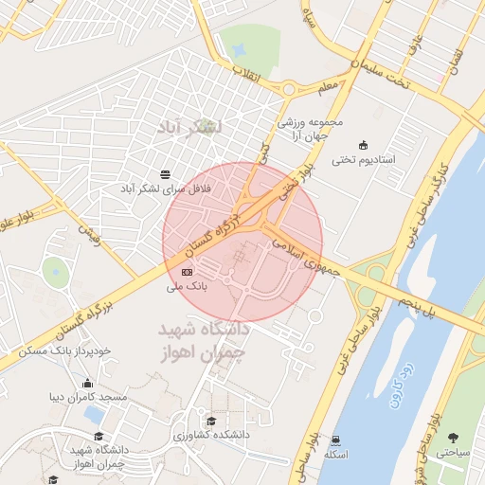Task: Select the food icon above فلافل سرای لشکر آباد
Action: click(x=167, y=173)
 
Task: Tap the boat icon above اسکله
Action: click(x=336, y=440)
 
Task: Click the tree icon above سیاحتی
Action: click(x=453, y=438)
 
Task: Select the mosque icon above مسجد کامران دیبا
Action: click(x=88, y=383)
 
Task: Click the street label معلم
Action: click(x=328, y=87)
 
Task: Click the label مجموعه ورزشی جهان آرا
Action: click(x=302, y=129)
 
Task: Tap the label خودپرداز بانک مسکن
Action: click(x=64, y=350)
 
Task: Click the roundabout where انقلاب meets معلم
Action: click(x=287, y=90)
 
